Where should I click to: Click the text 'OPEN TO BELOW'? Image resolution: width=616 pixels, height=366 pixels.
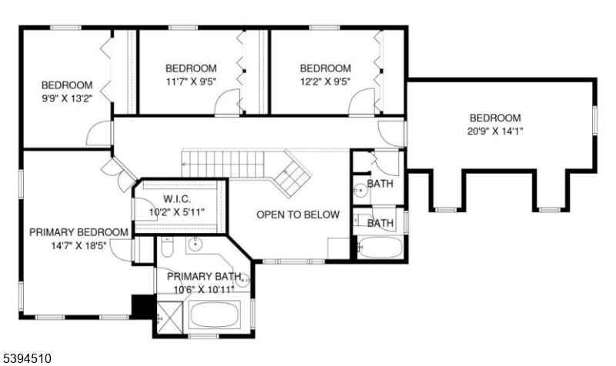point(297,215)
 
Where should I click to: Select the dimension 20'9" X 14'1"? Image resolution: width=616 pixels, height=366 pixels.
point(496,131)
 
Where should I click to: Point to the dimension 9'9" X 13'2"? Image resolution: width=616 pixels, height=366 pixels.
point(67,98)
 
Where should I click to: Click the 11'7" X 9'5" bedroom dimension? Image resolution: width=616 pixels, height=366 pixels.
point(190,82)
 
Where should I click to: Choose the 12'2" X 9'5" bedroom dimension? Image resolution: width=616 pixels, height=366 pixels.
point(325,82)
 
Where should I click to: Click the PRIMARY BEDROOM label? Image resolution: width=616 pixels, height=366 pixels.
point(79,231)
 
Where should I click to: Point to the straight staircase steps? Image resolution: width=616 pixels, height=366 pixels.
point(223,163)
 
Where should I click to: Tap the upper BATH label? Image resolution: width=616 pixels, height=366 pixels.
point(380,185)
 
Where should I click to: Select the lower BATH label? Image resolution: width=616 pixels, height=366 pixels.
point(380,224)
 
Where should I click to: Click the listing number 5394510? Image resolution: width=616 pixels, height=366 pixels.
point(28,358)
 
